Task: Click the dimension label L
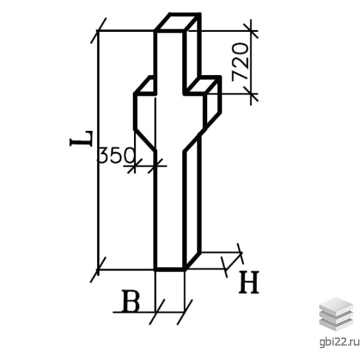81,138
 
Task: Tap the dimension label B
130,301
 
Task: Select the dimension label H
249,282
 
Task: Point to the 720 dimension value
240,62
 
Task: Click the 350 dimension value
116,155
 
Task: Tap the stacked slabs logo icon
336,314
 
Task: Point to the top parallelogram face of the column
178,22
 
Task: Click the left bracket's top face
145,85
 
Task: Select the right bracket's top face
202,85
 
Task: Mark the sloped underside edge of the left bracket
145,140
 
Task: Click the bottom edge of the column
170,269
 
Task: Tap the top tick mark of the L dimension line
98,30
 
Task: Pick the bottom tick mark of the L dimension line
98,270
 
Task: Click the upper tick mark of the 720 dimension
251,31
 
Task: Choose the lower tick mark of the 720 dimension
251,94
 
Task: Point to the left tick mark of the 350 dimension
135,166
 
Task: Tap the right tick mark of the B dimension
185,312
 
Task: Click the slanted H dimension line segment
234,261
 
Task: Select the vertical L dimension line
98,150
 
